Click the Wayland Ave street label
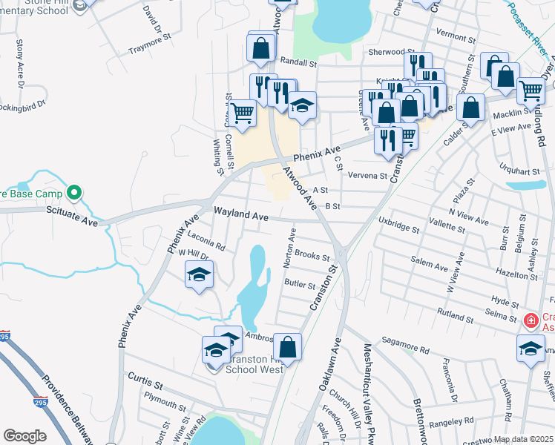pos(241,215)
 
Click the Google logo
pos(24,436)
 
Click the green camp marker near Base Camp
pos(73,194)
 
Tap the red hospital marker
pos(531,321)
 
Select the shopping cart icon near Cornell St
pos(242,114)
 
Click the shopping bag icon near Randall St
pos(262,48)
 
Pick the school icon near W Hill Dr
pos(199,275)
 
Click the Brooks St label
pos(312,255)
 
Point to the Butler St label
pos(300,283)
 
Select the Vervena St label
pos(368,176)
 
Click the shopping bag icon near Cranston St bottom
pos(287,346)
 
